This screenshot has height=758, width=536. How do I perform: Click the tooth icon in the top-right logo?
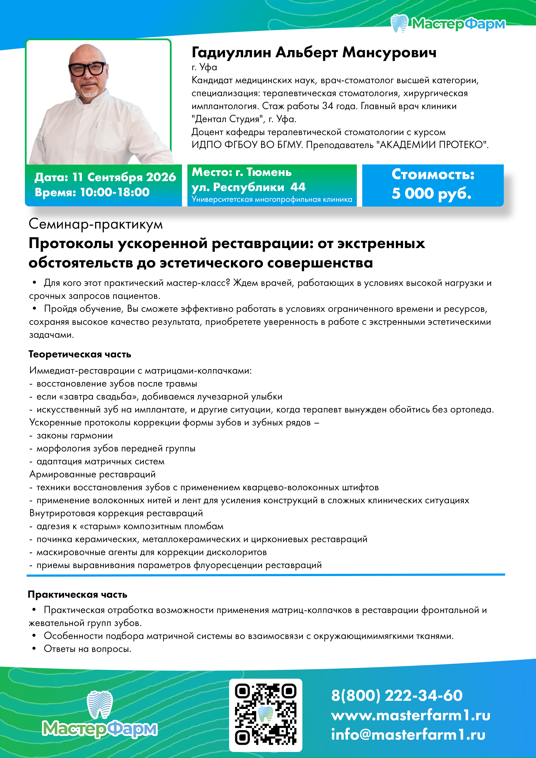point(400,23)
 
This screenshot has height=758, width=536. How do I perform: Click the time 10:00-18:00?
point(115,192)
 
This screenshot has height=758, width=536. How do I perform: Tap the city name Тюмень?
point(269,172)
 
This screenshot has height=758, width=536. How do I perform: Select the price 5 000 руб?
point(431,193)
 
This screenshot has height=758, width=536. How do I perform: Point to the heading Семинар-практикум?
point(96,224)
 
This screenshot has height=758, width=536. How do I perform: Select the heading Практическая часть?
point(78,595)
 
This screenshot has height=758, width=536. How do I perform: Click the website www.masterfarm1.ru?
point(410,715)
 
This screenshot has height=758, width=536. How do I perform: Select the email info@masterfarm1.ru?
point(408,735)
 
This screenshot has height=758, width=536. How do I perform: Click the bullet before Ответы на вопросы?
point(34,648)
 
